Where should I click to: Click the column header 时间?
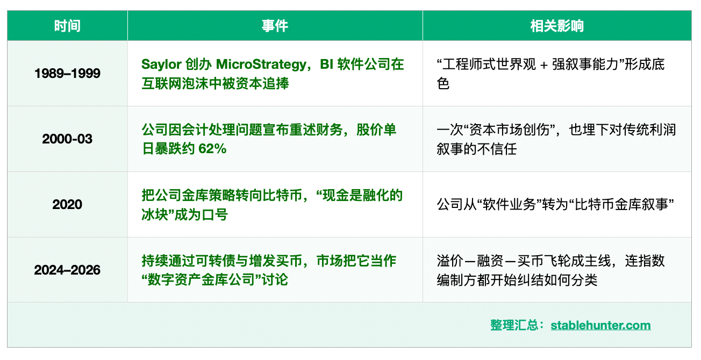pos(67,26)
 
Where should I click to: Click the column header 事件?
pos(275,26)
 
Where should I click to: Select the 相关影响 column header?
pos(557,26)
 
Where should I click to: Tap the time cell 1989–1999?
pos(67,74)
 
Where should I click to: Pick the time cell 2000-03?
pos(67,139)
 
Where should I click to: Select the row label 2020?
pos(67,205)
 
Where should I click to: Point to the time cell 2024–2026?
pos(67,270)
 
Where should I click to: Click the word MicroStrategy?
pos(262,64)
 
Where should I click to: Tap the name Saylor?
pos(161,64)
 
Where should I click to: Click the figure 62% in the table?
pos(212,149)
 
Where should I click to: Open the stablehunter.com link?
pos(600,326)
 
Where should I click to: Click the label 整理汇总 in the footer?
pos(514,325)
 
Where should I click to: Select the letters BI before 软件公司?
pos(326,64)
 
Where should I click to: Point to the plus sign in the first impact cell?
pos(544,65)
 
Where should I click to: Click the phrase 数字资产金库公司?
pos(201,279)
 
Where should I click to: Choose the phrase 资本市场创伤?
pos(510,130)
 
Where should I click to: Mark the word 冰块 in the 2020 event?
pos(155,215)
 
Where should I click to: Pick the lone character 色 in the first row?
pos(443,83)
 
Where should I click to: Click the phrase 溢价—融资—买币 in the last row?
pos(490,261)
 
